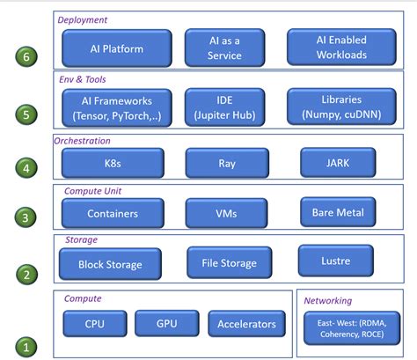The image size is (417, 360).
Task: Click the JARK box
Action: (x=337, y=162)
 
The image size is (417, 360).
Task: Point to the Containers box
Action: (x=112, y=213)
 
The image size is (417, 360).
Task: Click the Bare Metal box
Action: (x=337, y=211)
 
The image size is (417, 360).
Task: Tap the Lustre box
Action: (x=336, y=261)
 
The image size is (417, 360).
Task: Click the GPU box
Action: (x=166, y=324)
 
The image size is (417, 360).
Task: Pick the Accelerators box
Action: (x=246, y=324)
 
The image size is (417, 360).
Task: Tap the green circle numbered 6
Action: (x=27, y=57)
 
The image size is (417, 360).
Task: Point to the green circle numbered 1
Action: (x=27, y=347)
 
